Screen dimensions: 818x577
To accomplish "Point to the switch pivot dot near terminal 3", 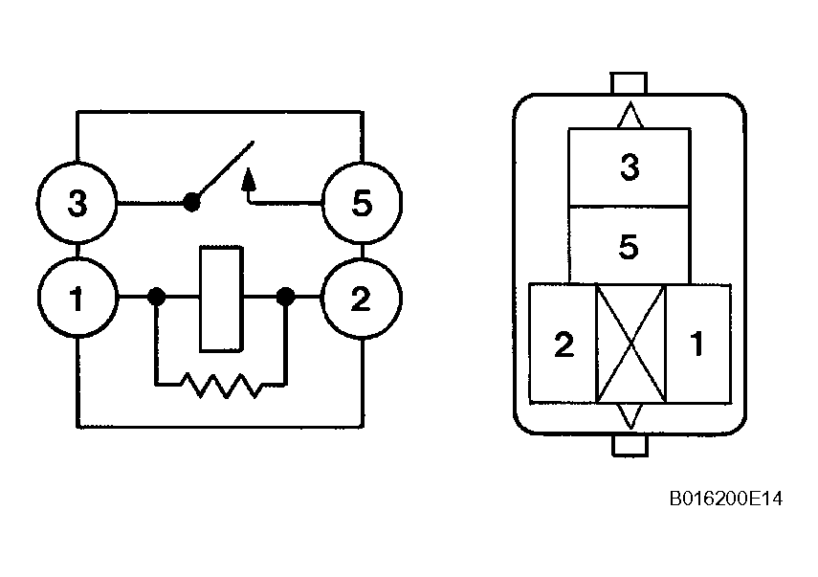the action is point(191,202).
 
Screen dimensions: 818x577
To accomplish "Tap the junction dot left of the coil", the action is point(157,297).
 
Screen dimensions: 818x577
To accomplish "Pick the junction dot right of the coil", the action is point(285,297).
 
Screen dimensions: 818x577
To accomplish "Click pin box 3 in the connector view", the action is point(630,166).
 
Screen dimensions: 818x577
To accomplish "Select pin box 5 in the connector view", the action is point(630,246).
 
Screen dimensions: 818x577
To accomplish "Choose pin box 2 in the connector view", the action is point(563,344).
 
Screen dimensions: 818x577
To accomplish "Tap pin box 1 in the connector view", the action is point(698,344).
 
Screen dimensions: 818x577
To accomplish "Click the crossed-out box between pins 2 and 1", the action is point(630,344).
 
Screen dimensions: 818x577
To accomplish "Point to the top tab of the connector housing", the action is point(629,83).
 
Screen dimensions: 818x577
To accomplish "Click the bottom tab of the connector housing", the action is point(630,445).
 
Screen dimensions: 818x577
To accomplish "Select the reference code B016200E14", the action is point(725,499).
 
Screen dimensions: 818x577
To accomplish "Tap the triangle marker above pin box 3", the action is point(630,115).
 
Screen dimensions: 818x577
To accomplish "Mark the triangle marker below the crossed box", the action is point(630,416).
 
